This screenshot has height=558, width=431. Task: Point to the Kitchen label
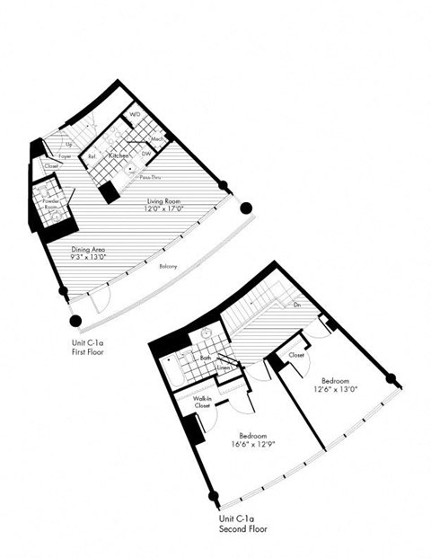click(x=119, y=155)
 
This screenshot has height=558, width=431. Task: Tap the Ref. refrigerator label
click(x=92, y=157)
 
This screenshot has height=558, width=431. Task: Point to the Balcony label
click(x=169, y=266)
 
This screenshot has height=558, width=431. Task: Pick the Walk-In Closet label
click(x=202, y=402)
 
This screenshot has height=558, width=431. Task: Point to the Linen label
click(x=224, y=366)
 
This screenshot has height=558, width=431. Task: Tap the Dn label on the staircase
click(x=297, y=306)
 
